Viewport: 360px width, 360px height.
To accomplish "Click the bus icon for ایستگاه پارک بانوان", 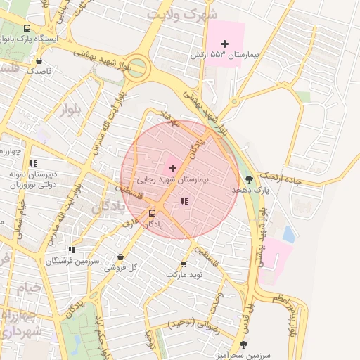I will coord(27,29).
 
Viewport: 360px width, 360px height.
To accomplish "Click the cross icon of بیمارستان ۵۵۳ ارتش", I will coord(224,44).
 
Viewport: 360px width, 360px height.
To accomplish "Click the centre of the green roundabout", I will coord(136,69).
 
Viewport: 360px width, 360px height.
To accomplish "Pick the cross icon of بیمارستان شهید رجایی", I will coord(172,168).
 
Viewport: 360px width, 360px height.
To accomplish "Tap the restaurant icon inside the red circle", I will coord(184,202).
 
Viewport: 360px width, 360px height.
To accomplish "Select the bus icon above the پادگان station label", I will coord(153,213).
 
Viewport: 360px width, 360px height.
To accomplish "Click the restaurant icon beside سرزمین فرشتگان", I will coord(72,250).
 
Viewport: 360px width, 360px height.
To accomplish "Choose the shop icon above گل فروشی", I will coord(122,257).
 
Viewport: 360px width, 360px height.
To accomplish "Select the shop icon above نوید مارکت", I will coord(184,264).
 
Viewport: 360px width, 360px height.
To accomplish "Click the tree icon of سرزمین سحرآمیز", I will coord(243,345).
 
